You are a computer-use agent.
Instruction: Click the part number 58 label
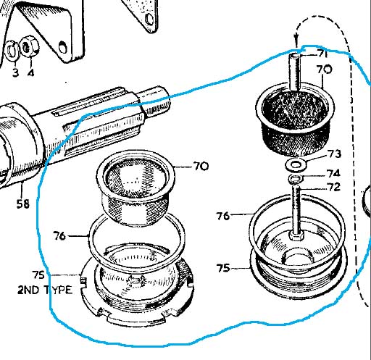[23, 204]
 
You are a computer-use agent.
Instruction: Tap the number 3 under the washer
[15, 72]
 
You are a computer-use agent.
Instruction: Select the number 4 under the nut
[30, 72]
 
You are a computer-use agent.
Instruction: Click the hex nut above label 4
[29, 47]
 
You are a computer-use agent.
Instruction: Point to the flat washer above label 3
[11, 51]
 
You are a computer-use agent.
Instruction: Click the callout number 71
[322, 54]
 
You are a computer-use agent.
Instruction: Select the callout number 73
[334, 154]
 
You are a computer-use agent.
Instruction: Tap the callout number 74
[333, 173]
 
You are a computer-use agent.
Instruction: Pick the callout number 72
[333, 187]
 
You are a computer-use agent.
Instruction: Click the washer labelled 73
[296, 165]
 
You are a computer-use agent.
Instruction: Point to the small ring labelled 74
[295, 179]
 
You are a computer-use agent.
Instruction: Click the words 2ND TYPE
[45, 290]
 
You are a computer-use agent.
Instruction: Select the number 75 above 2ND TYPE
[38, 275]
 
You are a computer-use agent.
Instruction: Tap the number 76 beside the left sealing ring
[59, 235]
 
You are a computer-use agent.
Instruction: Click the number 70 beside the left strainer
[201, 167]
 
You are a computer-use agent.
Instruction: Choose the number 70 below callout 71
[325, 70]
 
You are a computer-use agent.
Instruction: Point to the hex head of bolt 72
[296, 235]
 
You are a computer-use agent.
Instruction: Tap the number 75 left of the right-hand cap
[223, 268]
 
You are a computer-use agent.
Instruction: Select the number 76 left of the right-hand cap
[223, 216]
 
